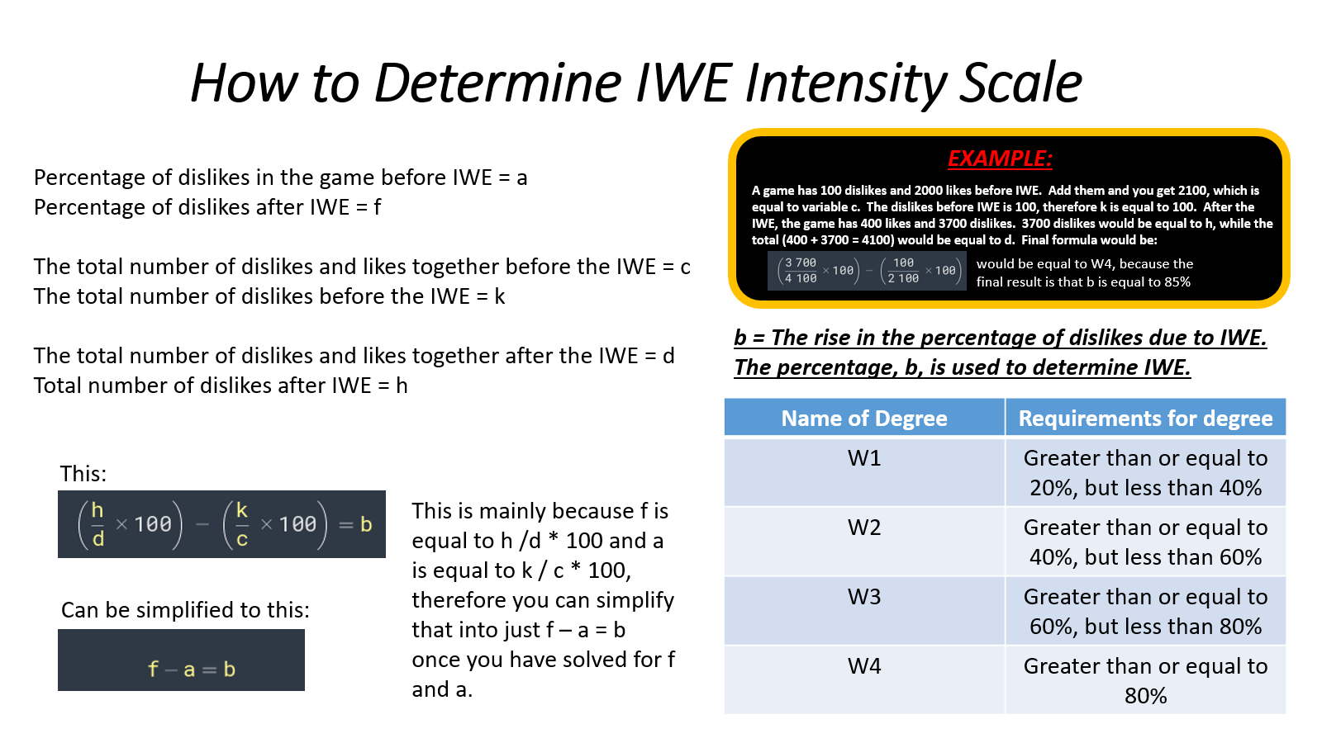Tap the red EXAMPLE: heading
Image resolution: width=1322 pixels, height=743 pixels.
[1000, 159]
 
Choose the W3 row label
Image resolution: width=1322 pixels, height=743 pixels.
[864, 597]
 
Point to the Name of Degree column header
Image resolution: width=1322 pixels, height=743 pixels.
[864, 418]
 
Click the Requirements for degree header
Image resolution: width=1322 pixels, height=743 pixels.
[1145, 418]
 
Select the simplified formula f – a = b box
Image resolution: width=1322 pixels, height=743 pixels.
[181, 660]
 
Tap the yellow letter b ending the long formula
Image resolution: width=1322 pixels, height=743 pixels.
[366, 524]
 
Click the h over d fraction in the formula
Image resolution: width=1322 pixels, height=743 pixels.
[98, 524]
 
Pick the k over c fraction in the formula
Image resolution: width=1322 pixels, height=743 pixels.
[242, 524]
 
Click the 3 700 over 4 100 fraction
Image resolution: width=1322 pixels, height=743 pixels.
[801, 271]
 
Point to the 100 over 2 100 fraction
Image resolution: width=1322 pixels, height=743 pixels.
[903, 271]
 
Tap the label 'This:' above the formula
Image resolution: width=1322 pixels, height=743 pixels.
[83, 474]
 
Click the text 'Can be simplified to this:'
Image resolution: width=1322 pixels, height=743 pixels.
[185, 610]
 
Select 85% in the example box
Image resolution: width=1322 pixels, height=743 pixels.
[1177, 282]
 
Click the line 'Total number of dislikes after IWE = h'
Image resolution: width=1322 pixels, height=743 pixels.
[221, 386]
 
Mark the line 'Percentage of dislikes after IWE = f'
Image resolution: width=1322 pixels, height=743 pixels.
[207, 207]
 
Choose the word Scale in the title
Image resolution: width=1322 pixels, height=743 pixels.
[1020, 83]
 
